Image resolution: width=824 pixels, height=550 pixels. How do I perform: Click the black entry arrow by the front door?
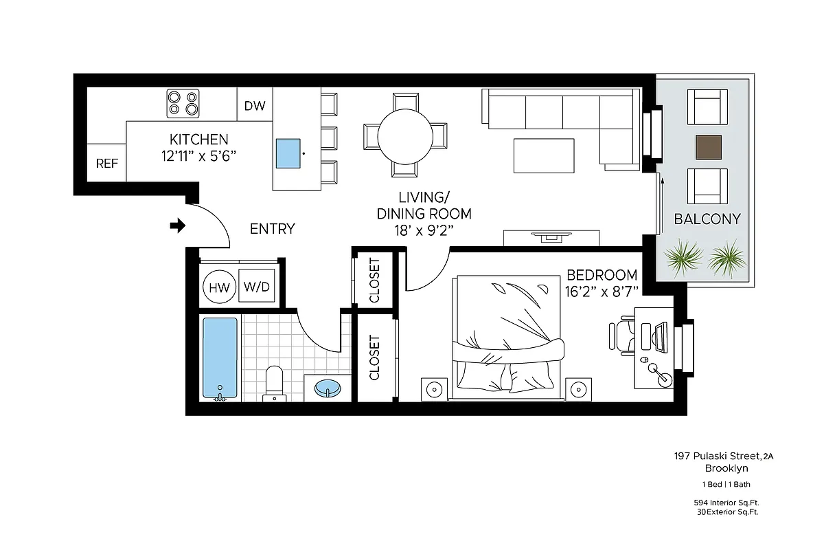click(178, 225)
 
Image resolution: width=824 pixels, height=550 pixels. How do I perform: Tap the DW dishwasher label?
click(255, 106)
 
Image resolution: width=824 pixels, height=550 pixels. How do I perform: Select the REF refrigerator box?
click(106, 164)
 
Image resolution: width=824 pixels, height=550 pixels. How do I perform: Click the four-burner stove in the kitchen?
click(183, 104)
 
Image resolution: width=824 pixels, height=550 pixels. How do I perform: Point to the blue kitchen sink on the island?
click(288, 153)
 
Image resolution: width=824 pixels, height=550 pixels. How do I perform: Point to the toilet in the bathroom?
click(274, 382)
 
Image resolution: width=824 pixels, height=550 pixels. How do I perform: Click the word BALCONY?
click(707, 219)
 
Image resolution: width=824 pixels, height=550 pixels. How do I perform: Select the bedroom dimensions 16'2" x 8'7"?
click(602, 291)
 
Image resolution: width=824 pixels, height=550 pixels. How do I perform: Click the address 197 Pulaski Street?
click(717, 456)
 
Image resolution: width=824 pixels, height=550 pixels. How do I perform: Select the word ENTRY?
click(272, 229)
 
